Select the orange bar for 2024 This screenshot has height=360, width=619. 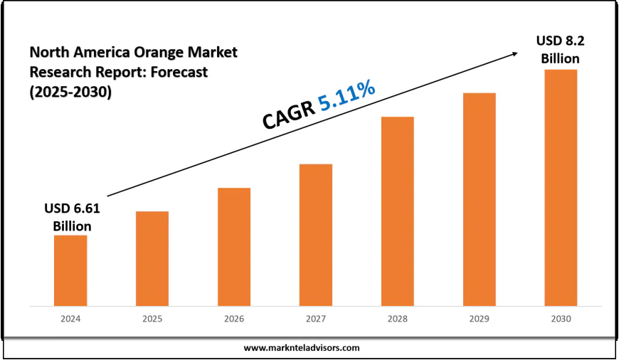[x=70, y=270]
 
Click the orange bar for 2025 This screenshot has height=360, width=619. [x=152, y=258]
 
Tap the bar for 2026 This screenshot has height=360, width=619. [x=234, y=247]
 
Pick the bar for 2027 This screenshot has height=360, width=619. [x=316, y=235]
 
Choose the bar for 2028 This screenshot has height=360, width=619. [x=398, y=211]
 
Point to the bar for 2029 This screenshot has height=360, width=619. [x=479, y=199]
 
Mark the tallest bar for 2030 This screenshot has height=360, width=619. [x=561, y=188]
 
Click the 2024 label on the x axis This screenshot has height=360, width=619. [x=70, y=320]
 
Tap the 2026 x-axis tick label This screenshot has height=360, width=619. [x=234, y=320]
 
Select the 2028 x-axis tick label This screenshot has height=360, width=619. [x=398, y=320]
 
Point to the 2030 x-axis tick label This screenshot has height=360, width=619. [x=561, y=320]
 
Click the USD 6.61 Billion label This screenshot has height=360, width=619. [x=72, y=217]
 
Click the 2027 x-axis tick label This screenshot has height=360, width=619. [x=316, y=320]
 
